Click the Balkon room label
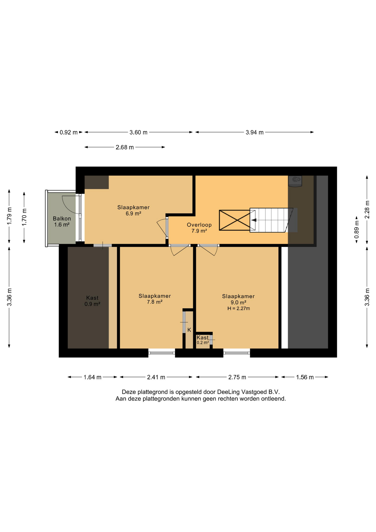tap(62, 219)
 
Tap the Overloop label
tap(199, 225)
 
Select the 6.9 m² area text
tap(133, 213)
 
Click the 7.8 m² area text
tap(154, 302)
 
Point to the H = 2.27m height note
tap(238, 308)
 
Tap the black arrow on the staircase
tap(254, 220)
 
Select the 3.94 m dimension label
tap(254, 132)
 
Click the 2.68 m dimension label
tap(125, 147)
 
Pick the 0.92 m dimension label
tap(69, 132)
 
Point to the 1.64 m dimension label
tap(92, 377)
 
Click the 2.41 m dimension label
tap(156, 377)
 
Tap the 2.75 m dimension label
tap(237, 377)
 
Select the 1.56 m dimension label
tap(305, 377)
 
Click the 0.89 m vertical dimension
tap(357, 229)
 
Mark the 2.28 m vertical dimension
tap(367, 209)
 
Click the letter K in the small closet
tap(189, 330)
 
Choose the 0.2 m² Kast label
tap(203, 340)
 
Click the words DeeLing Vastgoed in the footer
tap(239, 392)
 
